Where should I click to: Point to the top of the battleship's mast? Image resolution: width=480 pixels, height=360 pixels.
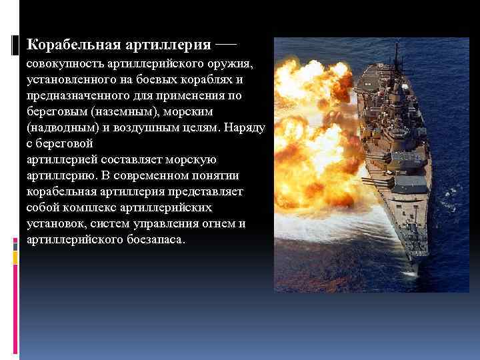(x=397, y=45)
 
